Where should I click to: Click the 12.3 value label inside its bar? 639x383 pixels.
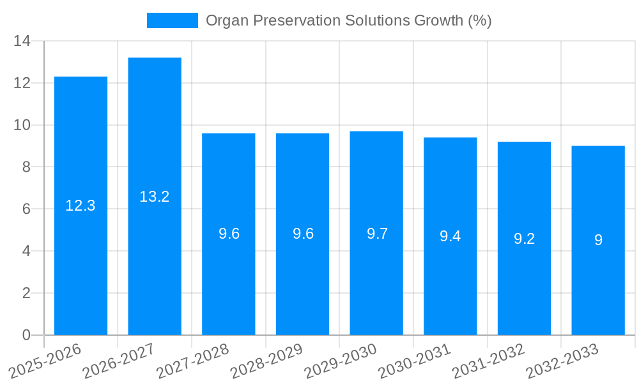81,206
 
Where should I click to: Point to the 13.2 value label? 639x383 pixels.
155,197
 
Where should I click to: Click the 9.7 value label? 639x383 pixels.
377,234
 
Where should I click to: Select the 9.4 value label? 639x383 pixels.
450,236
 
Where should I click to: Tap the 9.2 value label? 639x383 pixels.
524,239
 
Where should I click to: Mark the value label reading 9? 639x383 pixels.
598,240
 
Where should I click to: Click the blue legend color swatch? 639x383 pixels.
173,20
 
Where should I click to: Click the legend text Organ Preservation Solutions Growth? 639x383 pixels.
348,20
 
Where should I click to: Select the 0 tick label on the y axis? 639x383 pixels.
26,335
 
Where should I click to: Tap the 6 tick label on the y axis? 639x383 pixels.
26,209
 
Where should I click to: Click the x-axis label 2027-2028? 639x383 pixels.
192,361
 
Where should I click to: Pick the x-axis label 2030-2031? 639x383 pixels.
414,361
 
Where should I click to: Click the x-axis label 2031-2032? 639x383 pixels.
488,361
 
